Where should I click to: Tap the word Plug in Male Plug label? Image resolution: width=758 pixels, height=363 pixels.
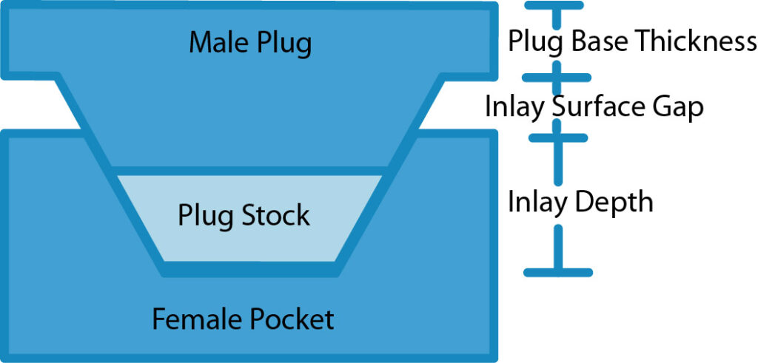coord(283,44)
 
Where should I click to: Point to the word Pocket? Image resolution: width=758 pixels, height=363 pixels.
coord(292,319)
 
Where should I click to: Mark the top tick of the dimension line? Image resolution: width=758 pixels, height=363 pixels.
coord(554,5)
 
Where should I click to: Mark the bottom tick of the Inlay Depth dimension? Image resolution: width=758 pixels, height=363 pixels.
coord(558,272)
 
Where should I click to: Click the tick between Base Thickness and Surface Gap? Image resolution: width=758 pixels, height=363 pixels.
coord(557,77)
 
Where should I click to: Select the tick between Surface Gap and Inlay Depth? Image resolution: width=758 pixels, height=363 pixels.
coord(557,138)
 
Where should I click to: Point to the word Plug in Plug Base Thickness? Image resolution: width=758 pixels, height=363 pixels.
coord(532,43)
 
